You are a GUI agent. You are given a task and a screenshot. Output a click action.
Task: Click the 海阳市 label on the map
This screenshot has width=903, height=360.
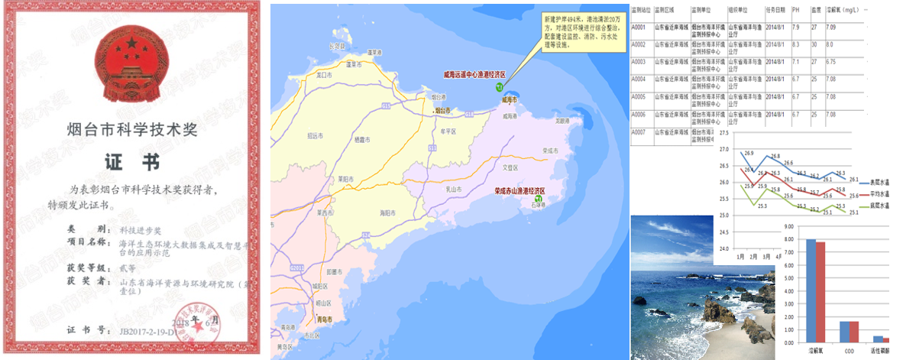point(387,212)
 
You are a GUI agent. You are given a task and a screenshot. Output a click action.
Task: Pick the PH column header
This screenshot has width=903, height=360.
point(795,10)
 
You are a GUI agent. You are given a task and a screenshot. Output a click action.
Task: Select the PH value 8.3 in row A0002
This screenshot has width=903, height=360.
point(796,45)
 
